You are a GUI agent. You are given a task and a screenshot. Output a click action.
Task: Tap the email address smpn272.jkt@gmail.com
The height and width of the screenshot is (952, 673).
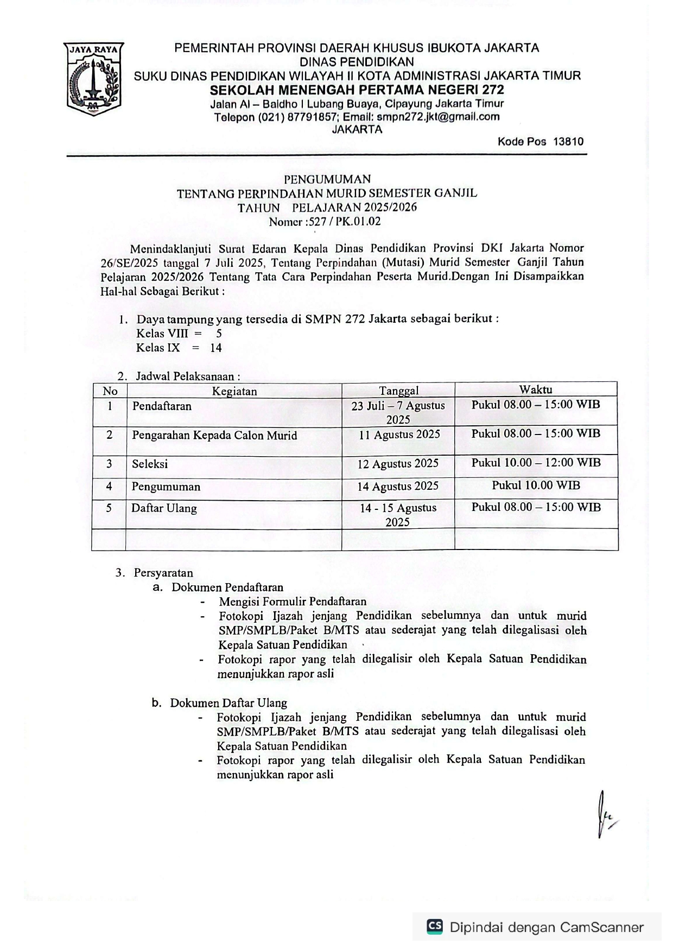point(438,117)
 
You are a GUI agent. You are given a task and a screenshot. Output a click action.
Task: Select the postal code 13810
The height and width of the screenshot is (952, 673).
point(568,142)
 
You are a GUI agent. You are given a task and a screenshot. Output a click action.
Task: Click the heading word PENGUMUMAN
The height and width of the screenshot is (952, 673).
point(327,179)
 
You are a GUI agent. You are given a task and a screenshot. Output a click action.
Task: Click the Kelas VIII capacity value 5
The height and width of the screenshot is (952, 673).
point(219,334)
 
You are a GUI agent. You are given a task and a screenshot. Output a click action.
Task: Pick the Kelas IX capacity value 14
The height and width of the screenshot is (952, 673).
point(216,348)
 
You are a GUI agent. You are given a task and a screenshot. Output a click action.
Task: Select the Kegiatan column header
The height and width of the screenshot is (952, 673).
point(234,391)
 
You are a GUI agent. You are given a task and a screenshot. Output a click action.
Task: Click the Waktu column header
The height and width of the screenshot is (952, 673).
point(536,389)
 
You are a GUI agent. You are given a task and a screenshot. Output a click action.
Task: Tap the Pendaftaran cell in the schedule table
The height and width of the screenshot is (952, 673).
point(162,406)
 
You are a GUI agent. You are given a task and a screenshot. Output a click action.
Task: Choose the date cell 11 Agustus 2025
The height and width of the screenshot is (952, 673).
point(399,435)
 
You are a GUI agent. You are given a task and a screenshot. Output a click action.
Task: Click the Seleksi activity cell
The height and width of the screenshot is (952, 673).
point(150,464)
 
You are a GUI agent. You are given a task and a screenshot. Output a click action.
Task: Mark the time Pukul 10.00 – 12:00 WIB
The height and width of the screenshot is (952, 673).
point(536,463)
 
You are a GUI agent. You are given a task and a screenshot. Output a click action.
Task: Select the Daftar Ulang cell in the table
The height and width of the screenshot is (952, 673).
point(164,508)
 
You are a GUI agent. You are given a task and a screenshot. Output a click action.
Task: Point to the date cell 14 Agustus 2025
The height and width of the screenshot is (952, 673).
point(398,486)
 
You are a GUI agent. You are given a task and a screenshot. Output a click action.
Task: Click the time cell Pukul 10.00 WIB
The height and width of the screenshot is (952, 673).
point(536,485)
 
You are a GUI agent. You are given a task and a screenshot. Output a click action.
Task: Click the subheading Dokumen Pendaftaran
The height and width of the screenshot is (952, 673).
point(227,587)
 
